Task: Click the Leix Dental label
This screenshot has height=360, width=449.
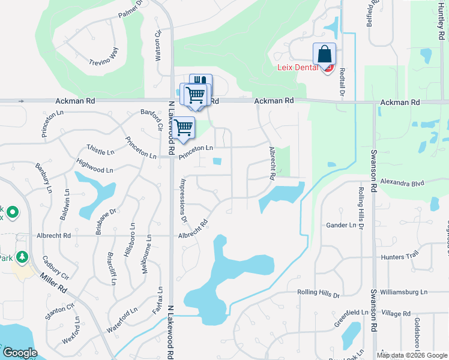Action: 297,67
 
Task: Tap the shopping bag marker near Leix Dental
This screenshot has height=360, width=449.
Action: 324,55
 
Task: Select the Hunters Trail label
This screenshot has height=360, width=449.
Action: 399,257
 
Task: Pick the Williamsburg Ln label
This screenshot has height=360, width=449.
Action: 406,292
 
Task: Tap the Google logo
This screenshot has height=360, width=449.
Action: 20,353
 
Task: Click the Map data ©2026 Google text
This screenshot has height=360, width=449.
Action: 412,355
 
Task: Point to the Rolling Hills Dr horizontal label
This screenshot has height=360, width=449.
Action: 318,294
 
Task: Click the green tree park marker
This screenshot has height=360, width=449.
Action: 22,257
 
